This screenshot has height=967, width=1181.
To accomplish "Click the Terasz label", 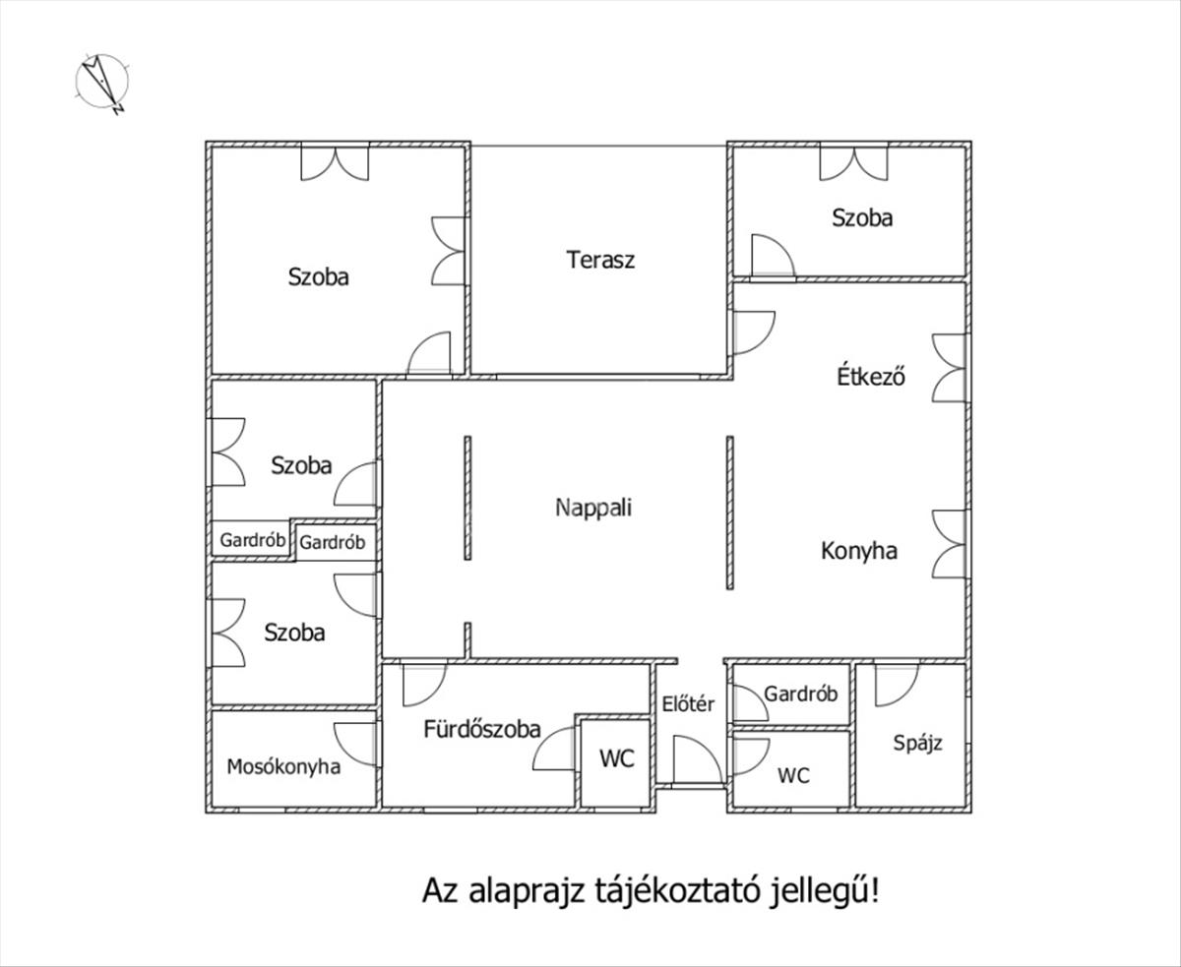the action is coord(600,260).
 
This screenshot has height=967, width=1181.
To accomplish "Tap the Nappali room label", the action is coord(593,508).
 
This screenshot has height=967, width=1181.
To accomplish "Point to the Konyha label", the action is coord(859,551).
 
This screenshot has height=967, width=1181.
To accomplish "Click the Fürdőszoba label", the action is coord(482,729).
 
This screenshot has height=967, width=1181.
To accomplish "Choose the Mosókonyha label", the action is coord(283,766).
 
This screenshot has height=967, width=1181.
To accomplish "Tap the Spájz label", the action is coord(917,743).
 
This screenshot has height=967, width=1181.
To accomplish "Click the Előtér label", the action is coord(688,703).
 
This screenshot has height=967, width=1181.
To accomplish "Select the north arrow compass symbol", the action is coord(102,83).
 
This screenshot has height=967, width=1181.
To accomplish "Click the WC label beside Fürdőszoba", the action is coord(617,758).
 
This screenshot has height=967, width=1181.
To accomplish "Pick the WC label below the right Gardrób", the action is coord(793,775).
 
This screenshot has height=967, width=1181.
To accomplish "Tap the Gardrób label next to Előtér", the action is coord(801,694).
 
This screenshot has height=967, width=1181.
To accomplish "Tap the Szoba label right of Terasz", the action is coord(862,217).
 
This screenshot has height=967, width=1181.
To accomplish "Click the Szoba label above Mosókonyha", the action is coord(294,633).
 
